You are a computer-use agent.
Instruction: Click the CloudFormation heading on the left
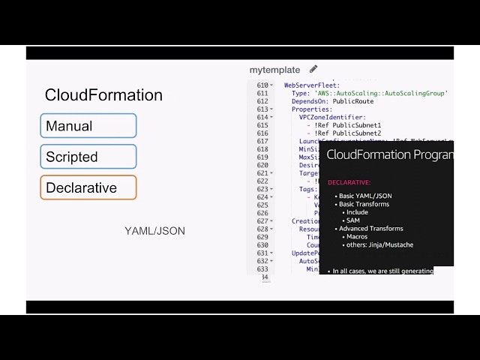pyautogui.click(x=103, y=95)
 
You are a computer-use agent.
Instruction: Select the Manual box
pyautogui.click(x=88, y=126)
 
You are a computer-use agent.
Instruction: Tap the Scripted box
pyautogui.click(x=88, y=157)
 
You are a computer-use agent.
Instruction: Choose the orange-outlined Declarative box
pyautogui.click(x=88, y=187)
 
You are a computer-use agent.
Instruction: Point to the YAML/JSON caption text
pyautogui.click(x=154, y=231)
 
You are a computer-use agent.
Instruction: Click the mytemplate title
pyautogui.click(x=274, y=70)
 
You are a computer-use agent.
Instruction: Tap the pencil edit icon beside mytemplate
pyautogui.click(x=313, y=70)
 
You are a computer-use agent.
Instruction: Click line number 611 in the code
pyautogui.click(x=262, y=93)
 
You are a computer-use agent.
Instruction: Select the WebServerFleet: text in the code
pyautogui.click(x=312, y=85)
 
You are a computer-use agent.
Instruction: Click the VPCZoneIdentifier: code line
pyautogui.click(x=332, y=117)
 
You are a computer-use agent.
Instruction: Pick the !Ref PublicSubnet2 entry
pyautogui.click(x=351, y=133)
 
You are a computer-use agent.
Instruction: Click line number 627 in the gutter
pyautogui.click(x=262, y=221)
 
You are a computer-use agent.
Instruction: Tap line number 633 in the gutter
pyautogui.click(x=262, y=269)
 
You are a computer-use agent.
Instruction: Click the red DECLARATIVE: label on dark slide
pyautogui.click(x=349, y=182)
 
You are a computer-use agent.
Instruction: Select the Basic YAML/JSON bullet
pyautogui.click(x=365, y=196)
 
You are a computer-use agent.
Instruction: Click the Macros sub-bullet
pyautogui.click(x=357, y=237)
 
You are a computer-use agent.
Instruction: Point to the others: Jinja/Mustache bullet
pyautogui.click(x=379, y=244)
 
